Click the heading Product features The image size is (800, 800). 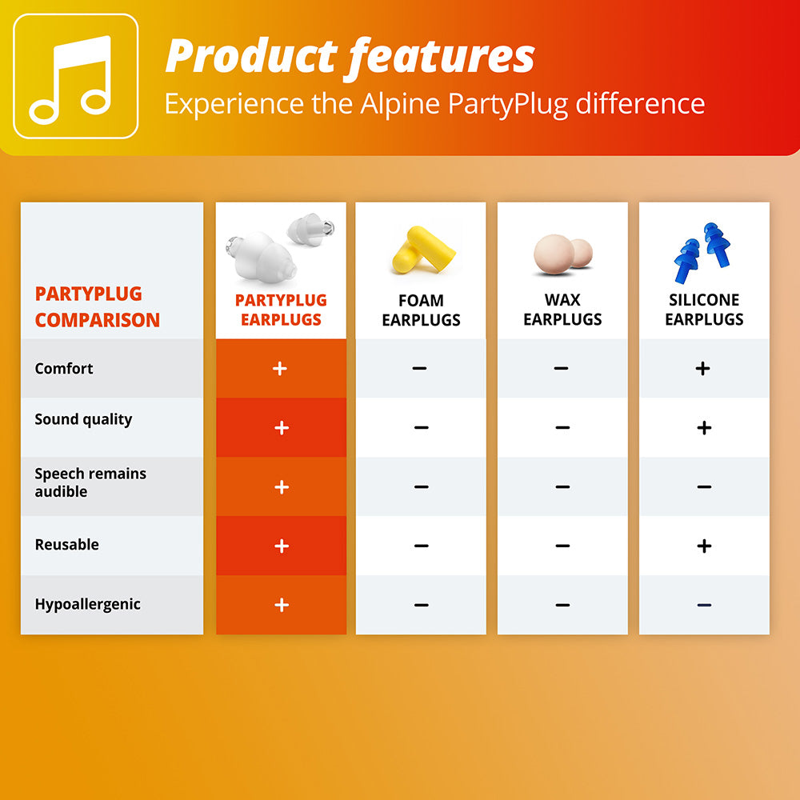(x=350, y=56)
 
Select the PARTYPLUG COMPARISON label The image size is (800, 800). (x=97, y=307)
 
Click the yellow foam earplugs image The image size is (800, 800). (x=422, y=250)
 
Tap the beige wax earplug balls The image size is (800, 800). (x=562, y=252)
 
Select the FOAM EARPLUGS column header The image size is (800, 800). (x=421, y=310)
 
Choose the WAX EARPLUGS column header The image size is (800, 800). (x=562, y=310)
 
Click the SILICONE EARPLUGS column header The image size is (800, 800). (x=704, y=310)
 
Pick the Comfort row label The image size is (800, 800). (x=64, y=369)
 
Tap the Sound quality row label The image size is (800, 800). (x=83, y=420)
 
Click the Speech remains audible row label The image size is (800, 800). (x=90, y=482)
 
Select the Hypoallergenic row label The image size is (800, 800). (x=87, y=605)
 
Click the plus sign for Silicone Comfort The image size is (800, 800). (x=702, y=368)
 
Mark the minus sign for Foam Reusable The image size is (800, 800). (x=422, y=546)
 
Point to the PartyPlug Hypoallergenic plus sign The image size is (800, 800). (x=281, y=605)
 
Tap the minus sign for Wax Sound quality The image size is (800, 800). (x=562, y=428)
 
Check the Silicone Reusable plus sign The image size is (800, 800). (x=704, y=546)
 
